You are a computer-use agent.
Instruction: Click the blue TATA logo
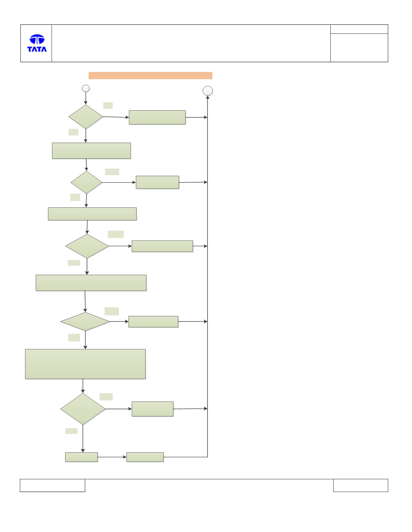click(x=37, y=43)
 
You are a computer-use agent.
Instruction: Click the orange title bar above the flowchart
click(x=150, y=76)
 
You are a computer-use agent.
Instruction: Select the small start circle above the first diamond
click(x=86, y=89)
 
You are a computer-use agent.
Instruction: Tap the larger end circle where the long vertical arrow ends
click(x=208, y=91)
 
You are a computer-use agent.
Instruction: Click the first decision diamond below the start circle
click(x=86, y=117)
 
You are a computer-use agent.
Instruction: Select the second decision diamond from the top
click(x=86, y=182)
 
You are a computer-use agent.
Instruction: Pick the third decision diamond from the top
click(x=87, y=246)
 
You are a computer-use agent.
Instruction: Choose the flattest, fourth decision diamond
click(x=85, y=322)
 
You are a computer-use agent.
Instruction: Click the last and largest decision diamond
click(x=83, y=409)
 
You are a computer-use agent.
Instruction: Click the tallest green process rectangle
click(x=85, y=364)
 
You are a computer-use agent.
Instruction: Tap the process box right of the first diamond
click(x=157, y=117)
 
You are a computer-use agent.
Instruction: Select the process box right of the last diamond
click(x=152, y=409)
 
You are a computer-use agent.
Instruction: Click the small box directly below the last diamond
click(x=81, y=457)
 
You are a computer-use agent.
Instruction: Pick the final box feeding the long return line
click(x=145, y=457)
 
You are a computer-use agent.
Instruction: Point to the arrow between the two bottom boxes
click(x=112, y=457)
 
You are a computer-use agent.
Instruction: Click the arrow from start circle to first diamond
click(x=86, y=98)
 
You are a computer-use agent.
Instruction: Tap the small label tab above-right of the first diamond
click(x=108, y=105)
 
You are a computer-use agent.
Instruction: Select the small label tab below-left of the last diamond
click(x=71, y=431)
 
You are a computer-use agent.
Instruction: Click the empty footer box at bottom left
click(x=52, y=485)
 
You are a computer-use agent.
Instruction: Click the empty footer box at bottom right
click(x=361, y=485)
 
